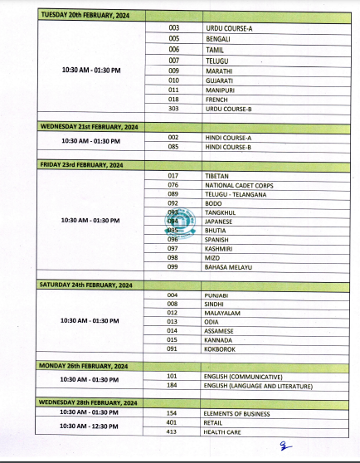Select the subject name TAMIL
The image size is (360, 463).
pos(215,49)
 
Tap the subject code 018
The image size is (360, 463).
pos(173,99)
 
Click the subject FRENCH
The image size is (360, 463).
pos(217,99)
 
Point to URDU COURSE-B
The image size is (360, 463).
pos(228,109)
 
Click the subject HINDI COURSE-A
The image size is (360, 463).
pos(228,137)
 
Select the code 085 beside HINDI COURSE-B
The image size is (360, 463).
pos(173,147)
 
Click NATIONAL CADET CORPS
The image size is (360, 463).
pos(239,186)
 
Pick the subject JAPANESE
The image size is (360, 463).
pos(219,222)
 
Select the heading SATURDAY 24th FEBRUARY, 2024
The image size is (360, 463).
pos(86,285)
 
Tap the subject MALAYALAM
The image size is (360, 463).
pos(222,313)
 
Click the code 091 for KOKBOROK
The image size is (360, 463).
pos(173,348)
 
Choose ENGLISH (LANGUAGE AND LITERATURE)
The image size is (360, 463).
pos(259,386)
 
